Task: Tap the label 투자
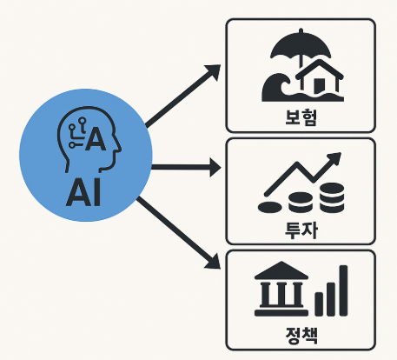click(x=300, y=227)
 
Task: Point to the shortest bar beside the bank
click(x=318, y=303)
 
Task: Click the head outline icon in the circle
click(x=83, y=138)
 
